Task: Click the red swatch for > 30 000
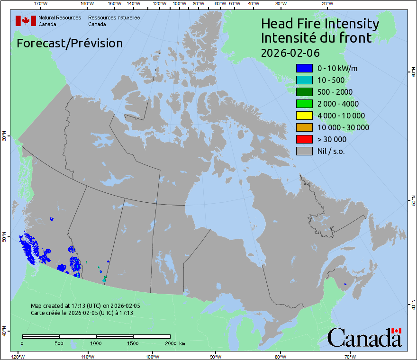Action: (x=304, y=139)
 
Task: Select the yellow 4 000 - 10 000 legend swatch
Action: (x=304, y=116)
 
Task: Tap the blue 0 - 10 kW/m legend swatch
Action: (x=304, y=68)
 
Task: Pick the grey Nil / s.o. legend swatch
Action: (x=304, y=151)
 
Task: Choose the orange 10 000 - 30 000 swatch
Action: (x=304, y=127)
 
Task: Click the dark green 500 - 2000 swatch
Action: (x=304, y=92)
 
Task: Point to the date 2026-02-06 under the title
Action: (x=290, y=52)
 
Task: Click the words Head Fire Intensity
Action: (x=320, y=24)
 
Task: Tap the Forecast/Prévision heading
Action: (x=70, y=43)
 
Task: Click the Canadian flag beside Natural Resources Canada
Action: (x=26, y=21)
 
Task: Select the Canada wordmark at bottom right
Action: (x=364, y=337)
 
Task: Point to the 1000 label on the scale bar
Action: (x=96, y=342)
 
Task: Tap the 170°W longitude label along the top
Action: (x=41, y=4)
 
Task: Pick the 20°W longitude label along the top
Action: (x=326, y=4)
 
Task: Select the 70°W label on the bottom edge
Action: (x=350, y=356)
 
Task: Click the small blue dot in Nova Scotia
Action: (x=345, y=284)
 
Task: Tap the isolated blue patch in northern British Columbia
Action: (x=51, y=219)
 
